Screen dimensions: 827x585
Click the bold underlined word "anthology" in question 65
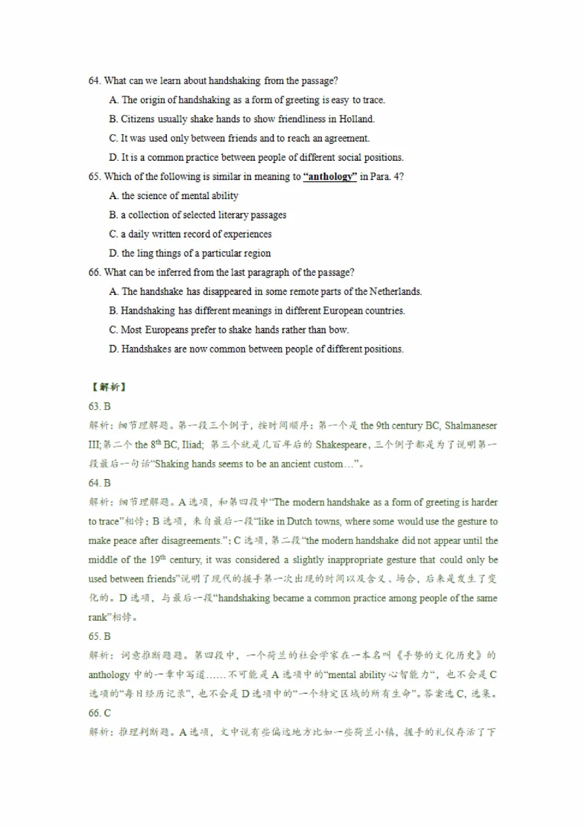[x=329, y=176]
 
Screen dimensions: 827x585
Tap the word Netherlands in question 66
[x=395, y=292]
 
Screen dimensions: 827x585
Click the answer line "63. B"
[x=99, y=406]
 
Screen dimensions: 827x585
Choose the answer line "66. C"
[x=99, y=713]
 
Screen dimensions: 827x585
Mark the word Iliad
[x=192, y=445]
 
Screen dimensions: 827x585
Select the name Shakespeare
[x=341, y=445]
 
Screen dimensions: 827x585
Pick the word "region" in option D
[x=256, y=253]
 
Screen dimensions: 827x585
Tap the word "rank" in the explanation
[x=98, y=618]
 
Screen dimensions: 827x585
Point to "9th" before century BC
[x=382, y=425]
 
